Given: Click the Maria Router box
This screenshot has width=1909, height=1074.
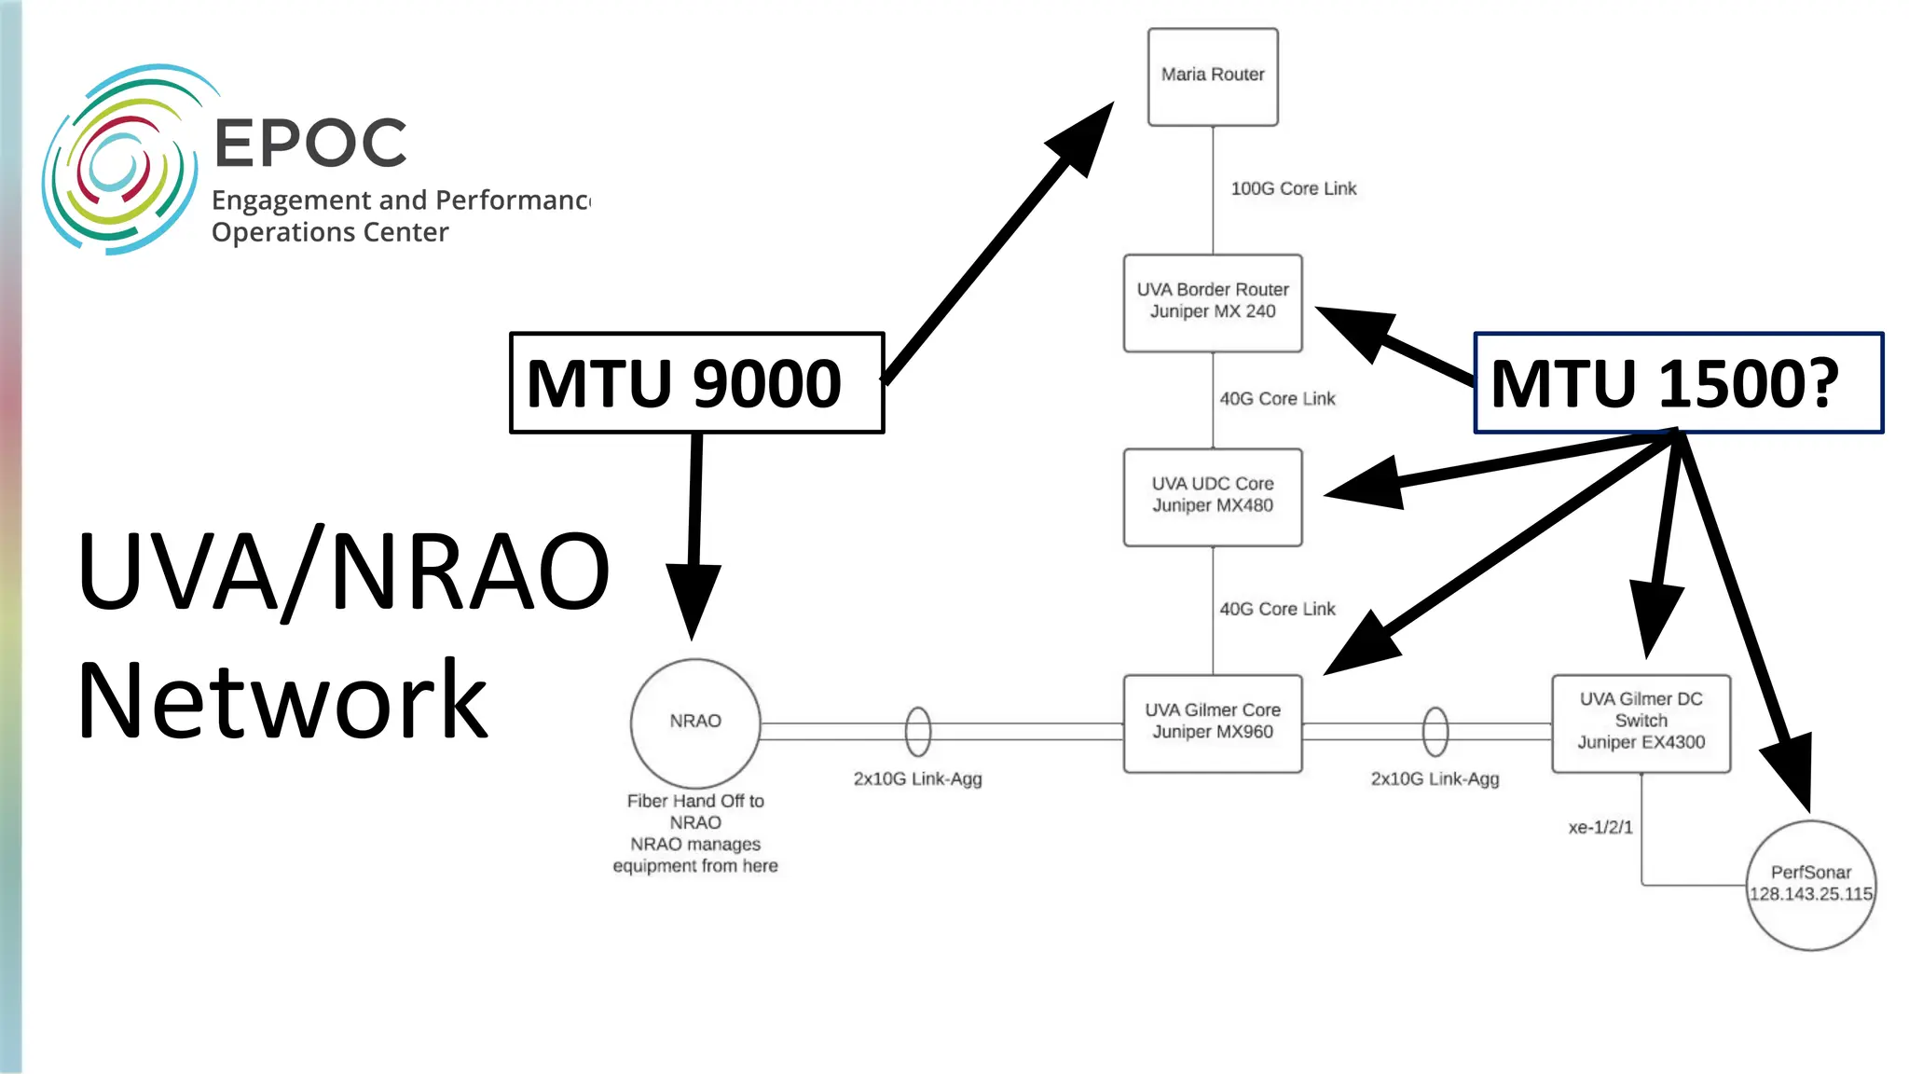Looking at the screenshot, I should click(x=1212, y=76).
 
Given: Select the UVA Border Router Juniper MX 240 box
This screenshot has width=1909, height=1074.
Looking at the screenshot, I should click(x=1212, y=302).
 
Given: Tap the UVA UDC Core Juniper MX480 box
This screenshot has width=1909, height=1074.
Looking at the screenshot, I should click(x=1212, y=496).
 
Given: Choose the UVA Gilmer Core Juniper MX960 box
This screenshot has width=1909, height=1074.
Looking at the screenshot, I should click(x=1212, y=723).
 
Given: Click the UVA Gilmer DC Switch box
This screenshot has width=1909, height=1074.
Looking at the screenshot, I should click(x=1641, y=723).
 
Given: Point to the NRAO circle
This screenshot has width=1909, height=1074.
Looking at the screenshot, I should click(x=694, y=723).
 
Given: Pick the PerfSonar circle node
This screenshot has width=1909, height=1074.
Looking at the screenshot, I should click(x=1810, y=884).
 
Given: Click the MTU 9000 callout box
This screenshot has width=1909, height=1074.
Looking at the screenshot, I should click(x=695, y=382).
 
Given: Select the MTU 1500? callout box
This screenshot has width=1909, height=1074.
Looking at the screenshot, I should click(x=1677, y=382).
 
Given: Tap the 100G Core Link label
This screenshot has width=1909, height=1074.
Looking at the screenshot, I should click(x=1293, y=189).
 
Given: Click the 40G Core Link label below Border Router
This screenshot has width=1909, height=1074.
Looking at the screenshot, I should click(x=1277, y=399).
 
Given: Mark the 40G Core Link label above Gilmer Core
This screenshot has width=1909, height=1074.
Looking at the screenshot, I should click(x=1277, y=610).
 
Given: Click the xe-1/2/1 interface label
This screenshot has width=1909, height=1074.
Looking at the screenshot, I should click(x=1600, y=827).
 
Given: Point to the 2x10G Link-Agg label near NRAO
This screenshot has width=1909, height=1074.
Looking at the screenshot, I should click(x=917, y=778).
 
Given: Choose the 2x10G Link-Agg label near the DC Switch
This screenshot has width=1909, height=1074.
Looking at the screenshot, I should click(x=1435, y=778).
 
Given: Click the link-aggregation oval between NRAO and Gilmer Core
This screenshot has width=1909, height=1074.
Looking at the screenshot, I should click(x=917, y=732).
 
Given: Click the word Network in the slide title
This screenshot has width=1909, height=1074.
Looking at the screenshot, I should click(x=282, y=701).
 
